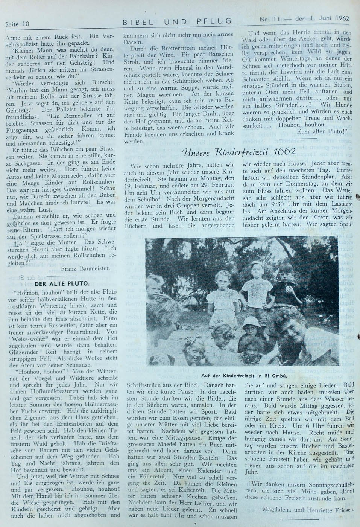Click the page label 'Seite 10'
(x=17, y=24)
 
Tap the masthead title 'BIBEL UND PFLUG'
(x=178, y=22)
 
